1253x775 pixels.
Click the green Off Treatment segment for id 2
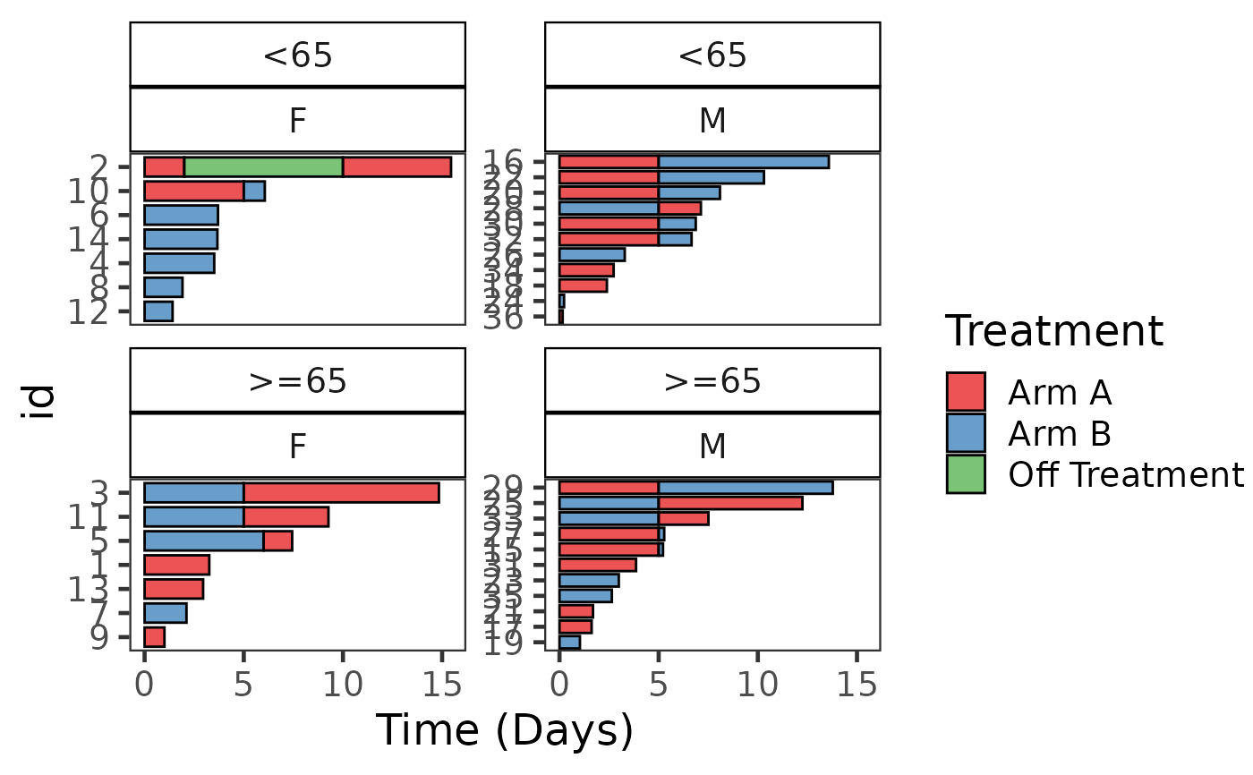point(263,167)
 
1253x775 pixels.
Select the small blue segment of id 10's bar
point(254,192)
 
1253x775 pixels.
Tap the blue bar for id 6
point(181,215)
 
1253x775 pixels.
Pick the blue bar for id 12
point(158,311)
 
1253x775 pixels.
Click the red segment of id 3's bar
point(341,493)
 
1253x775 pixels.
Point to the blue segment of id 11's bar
point(193,517)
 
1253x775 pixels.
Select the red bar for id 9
point(154,637)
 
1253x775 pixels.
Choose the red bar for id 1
point(176,565)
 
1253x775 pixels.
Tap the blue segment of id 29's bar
point(745,488)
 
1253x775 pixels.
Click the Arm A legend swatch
point(966,391)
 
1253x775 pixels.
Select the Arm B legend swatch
point(966,433)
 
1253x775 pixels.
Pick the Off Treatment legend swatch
point(966,474)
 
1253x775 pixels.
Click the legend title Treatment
point(1053,332)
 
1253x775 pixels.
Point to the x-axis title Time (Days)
point(504,731)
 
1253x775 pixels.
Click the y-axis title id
point(38,401)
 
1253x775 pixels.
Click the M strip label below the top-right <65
point(712,120)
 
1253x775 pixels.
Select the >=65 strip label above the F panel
point(297,381)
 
